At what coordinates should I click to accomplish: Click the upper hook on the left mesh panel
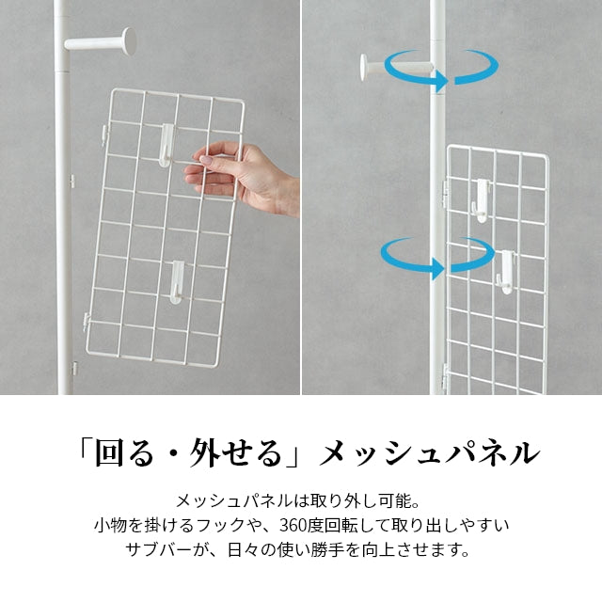(166, 146)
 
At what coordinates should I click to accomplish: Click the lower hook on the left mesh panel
(177, 282)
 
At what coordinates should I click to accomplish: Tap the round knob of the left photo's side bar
(129, 40)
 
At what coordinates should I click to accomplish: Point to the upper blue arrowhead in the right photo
(440, 81)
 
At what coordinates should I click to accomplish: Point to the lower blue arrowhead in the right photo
(437, 269)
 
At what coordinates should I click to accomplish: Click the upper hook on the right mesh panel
(482, 200)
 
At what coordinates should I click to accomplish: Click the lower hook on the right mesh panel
(505, 272)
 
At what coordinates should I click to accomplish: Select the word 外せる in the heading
(235, 453)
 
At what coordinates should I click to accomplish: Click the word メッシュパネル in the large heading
(430, 453)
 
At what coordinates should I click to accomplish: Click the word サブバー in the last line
(158, 549)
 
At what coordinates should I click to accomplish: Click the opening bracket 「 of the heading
(84, 448)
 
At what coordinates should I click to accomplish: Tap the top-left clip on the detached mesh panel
(103, 135)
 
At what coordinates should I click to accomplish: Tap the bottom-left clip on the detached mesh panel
(86, 322)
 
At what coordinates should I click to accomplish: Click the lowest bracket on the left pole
(73, 369)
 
